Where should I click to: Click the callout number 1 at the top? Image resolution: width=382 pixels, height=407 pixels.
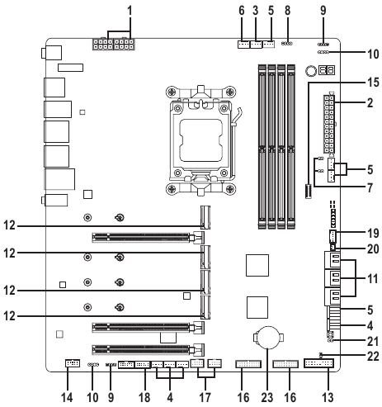pyautogui.click(x=130, y=11)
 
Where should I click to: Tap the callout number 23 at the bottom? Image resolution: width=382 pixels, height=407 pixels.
pyautogui.click(x=267, y=398)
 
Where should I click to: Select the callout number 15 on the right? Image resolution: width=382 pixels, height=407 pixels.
pyautogui.click(x=373, y=83)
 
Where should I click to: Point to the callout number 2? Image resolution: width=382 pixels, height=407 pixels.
pyautogui.click(x=370, y=102)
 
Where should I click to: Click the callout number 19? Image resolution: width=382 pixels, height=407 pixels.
pyautogui.click(x=373, y=234)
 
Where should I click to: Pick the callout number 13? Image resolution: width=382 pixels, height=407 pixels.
pyautogui.click(x=328, y=398)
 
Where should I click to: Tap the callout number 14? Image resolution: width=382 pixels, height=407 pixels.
pyautogui.click(x=67, y=398)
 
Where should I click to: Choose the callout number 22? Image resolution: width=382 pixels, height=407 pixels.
pyautogui.click(x=373, y=357)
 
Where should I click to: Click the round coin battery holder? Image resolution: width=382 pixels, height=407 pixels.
pyautogui.click(x=268, y=337)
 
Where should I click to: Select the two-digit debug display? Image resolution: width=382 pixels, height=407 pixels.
pyautogui.click(x=327, y=70)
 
